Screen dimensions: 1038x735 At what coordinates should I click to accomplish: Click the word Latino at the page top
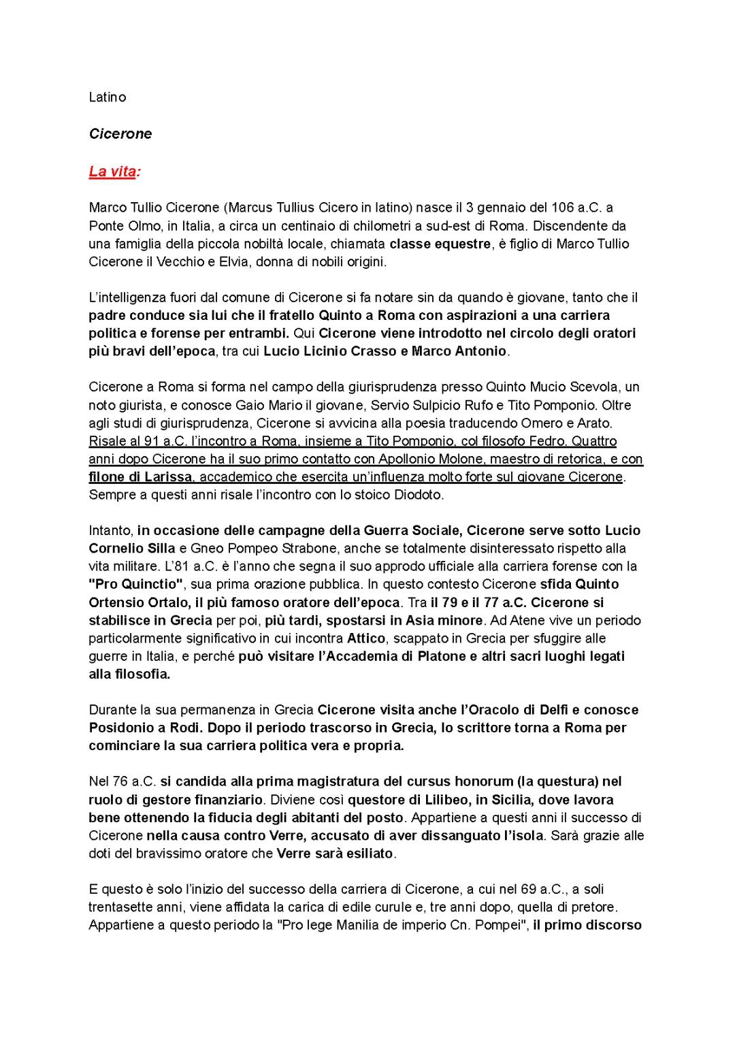[108, 97]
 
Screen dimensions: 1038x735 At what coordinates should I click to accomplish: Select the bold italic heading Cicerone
[120, 133]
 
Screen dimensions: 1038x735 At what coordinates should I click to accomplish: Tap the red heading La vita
[112, 171]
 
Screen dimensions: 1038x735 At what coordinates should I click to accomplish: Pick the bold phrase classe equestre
[440, 244]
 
